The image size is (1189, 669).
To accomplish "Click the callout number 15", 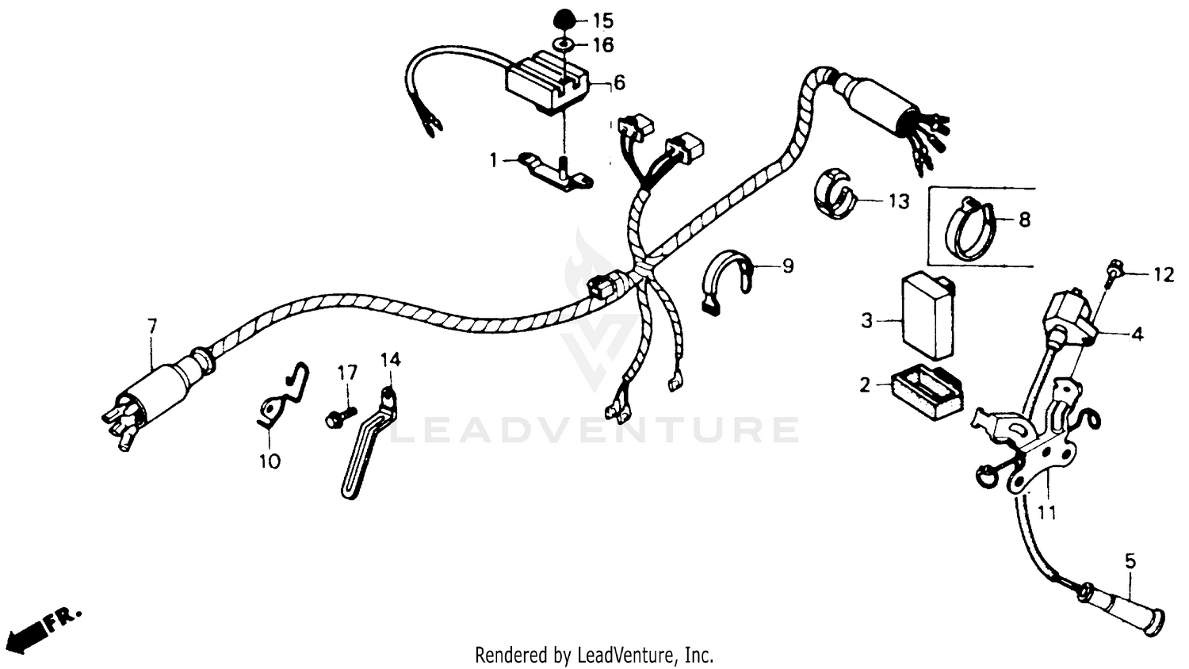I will click(x=602, y=20).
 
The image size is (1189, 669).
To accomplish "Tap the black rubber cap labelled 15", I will click(x=562, y=17).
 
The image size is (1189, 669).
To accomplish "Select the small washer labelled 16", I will click(x=562, y=44).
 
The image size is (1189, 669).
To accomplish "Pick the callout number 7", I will click(x=151, y=325).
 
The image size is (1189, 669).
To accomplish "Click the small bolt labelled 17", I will click(x=336, y=418).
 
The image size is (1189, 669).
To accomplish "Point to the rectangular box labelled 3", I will click(x=927, y=315).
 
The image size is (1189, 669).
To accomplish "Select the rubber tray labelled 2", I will click(x=927, y=392).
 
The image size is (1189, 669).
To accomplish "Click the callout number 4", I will click(x=1137, y=334).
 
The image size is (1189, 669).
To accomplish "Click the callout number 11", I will click(x=1047, y=514).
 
